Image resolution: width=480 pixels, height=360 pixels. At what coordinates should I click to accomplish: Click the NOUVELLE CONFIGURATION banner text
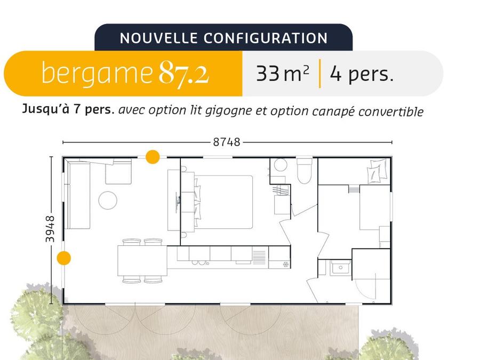[223, 38]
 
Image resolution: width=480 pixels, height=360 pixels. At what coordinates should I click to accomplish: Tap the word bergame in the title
[97, 73]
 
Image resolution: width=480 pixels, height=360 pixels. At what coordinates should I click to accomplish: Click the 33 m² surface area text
[282, 74]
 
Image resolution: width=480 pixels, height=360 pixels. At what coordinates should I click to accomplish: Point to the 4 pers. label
[362, 74]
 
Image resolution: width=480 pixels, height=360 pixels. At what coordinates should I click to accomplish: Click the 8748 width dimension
[227, 142]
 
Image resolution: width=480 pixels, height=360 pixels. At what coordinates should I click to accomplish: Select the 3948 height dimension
[50, 229]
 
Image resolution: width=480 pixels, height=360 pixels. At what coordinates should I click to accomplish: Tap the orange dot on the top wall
[153, 157]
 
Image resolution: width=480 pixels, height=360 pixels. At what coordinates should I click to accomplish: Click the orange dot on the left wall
[63, 258]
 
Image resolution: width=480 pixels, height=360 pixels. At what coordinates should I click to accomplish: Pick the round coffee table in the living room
[108, 200]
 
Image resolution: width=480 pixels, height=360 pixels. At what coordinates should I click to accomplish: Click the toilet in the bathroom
[305, 171]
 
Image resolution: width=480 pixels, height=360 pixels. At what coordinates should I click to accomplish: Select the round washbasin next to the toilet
[281, 165]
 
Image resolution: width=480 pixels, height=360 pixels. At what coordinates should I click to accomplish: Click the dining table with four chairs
[142, 261]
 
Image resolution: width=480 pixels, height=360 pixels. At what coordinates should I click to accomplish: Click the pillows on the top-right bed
[375, 171]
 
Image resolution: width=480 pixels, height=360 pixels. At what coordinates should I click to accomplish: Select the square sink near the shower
[340, 268]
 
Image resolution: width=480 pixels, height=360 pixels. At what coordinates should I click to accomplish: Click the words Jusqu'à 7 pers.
[68, 109]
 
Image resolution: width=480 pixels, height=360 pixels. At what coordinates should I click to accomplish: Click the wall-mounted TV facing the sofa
[177, 202]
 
